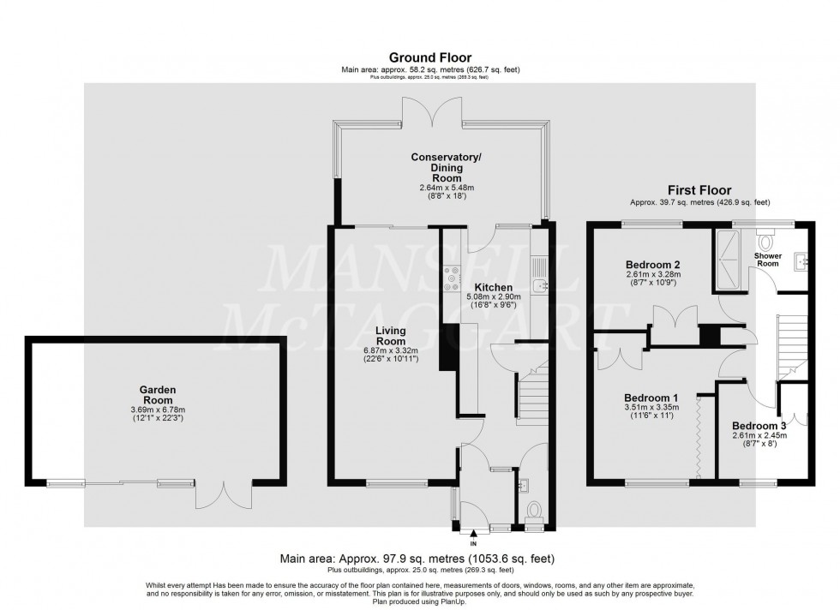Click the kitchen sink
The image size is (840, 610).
(x=540, y=286)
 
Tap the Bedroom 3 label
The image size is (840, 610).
(x=759, y=425)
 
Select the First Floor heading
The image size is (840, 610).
(x=699, y=190)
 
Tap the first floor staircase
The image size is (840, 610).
(x=791, y=347)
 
